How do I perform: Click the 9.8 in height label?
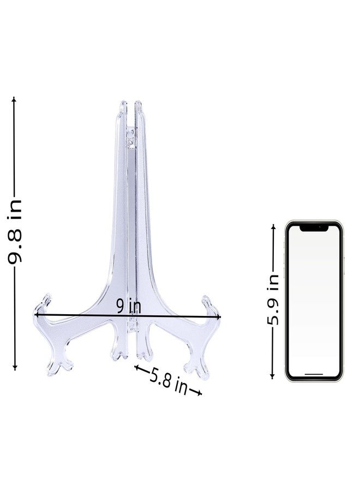[15, 232]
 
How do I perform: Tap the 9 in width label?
[128, 306]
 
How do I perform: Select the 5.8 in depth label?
[169, 381]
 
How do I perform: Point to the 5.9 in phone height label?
[273, 300]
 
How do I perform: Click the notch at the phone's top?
[314, 228]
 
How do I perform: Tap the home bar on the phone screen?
[314, 374]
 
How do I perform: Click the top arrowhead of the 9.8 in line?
[14, 99]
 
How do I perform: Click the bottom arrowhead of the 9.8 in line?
[15, 368]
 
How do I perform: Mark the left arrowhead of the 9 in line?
[37, 314]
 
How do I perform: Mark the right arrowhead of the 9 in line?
[218, 317]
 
